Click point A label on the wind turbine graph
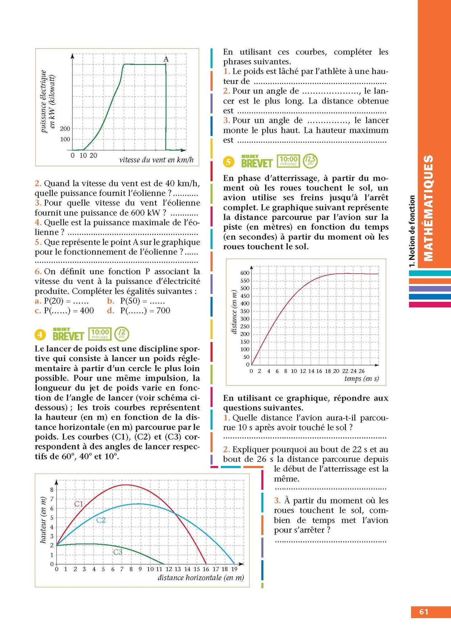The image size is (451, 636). pos(166,59)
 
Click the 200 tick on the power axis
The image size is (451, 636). pos(65,129)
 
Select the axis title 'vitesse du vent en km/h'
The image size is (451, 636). pos(156,160)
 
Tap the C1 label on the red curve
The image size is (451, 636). pos(79,504)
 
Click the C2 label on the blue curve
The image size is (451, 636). pos(101,520)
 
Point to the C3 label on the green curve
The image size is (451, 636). pos(118,552)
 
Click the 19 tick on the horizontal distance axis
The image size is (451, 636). pos(234,569)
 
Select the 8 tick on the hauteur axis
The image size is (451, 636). pos(52,490)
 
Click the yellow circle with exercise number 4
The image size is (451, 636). pos(40,335)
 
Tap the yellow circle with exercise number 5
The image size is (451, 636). pos(228,162)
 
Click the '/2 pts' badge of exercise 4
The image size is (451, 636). pos(122,334)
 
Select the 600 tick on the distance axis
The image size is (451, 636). pos(245,273)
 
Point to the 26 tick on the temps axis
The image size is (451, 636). pos(361,371)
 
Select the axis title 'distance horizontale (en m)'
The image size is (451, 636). pos(201,578)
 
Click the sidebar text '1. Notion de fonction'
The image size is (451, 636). pos(412,231)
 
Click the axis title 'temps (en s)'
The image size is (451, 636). pos(361,379)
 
